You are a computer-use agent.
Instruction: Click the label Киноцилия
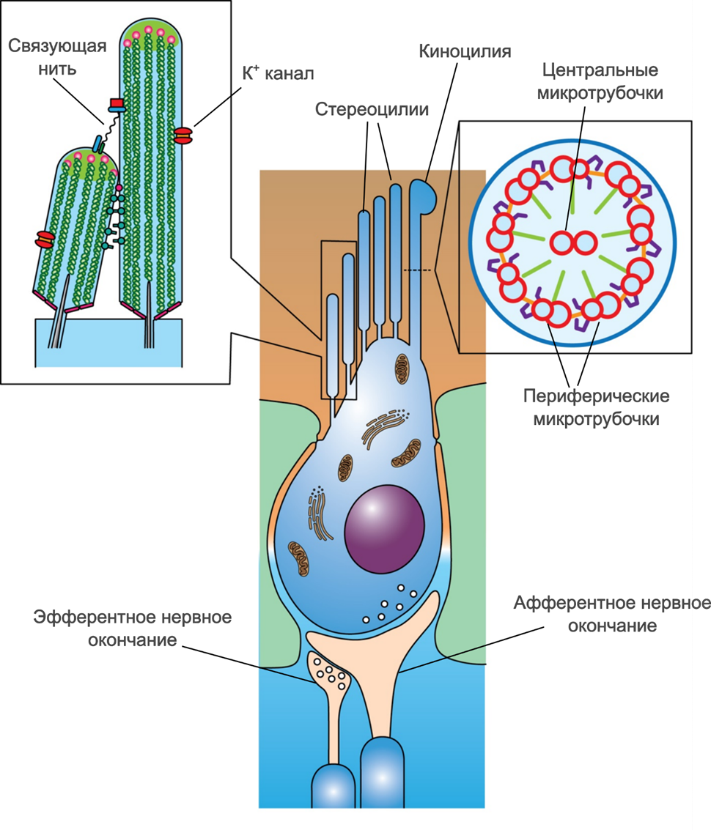click(x=465, y=51)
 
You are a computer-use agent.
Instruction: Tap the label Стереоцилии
click(x=372, y=108)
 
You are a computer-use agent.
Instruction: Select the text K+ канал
click(x=278, y=74)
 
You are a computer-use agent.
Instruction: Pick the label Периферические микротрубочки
click(x=596, y=408)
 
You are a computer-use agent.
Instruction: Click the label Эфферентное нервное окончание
click(x=132, y=628)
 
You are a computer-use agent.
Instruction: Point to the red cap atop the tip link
click(x=117, y=103)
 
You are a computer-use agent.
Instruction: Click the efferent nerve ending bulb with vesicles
click(x=329, y=672)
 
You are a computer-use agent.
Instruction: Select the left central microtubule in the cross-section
click(x=563, y=242)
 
